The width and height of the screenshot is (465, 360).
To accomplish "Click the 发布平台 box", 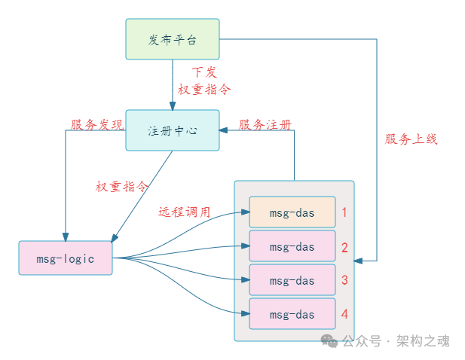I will tap(172, 39).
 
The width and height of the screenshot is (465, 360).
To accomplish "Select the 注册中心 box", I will tap(172, 130).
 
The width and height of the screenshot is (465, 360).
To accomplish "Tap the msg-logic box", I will tap(66, 258).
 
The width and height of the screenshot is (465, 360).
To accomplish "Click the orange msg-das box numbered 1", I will tap(292, 212).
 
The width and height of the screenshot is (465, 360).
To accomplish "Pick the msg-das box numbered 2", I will tap(292, 246).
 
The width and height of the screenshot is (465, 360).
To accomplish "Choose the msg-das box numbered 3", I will tap(292, 280).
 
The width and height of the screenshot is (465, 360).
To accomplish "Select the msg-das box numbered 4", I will tap(292, 314).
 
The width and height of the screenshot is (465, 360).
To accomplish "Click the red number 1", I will tap(344, 212).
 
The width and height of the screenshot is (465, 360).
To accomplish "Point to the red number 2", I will tap(344, 247).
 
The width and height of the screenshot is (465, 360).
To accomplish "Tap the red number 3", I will tap(344, 280).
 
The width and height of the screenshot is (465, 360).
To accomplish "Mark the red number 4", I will tap(344, 314).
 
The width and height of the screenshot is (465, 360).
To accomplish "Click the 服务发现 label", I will tap(96, 124).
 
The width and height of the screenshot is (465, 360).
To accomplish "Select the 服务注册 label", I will tap(265, 124).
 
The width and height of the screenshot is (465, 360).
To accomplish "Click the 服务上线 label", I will tap(411, 139).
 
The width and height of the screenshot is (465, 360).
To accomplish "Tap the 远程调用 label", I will tap(184, 212).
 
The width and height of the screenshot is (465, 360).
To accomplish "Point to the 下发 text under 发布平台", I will tap(203, 72).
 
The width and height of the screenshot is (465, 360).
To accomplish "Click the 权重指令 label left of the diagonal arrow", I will tap(121, 186).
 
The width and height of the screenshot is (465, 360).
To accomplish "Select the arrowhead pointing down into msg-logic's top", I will tap(66, 236).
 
